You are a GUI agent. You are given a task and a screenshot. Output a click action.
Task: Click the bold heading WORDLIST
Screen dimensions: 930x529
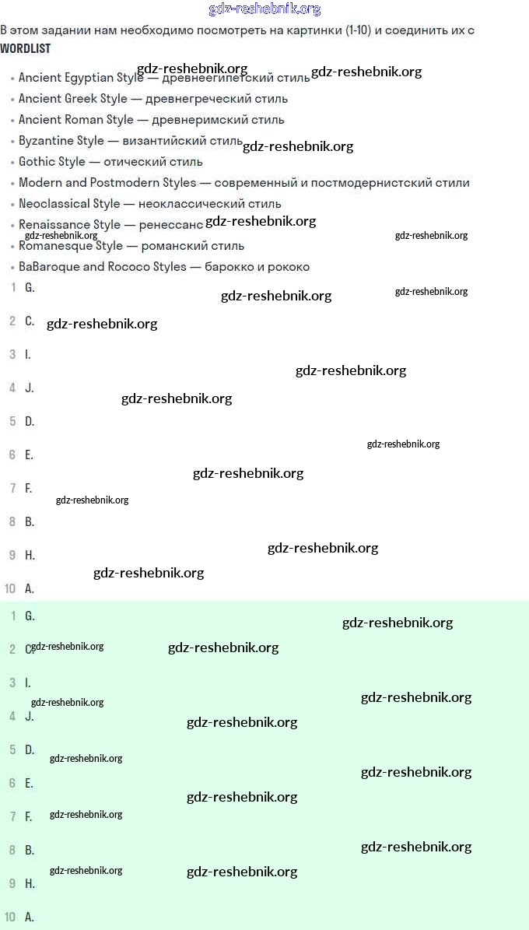[26, 48]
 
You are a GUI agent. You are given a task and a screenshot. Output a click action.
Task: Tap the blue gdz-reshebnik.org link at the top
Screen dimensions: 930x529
[264, 9]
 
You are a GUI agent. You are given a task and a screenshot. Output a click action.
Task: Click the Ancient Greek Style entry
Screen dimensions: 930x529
[73, 99]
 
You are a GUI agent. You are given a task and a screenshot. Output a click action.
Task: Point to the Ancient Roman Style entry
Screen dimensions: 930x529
[76, 120]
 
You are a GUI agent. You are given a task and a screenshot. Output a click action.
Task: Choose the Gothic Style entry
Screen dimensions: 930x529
[52, 162]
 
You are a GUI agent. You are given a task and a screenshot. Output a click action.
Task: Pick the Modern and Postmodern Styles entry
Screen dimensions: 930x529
[107, 183]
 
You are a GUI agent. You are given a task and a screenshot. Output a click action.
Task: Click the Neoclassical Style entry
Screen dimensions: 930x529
[69, 204]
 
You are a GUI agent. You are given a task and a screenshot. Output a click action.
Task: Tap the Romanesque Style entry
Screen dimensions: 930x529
[71, 246]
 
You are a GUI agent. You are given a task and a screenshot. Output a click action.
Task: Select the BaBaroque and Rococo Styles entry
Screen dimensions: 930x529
[103, 267]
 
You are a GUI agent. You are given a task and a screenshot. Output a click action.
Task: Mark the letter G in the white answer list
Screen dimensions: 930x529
[30, 287]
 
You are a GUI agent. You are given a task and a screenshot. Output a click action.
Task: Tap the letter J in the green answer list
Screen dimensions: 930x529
[30, 716]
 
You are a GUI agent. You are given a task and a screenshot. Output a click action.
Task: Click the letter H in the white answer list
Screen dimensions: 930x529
[30, 555]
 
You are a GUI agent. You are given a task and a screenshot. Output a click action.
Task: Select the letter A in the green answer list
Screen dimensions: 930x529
[30, 917]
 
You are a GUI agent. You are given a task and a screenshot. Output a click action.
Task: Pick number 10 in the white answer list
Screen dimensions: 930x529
[10, 588]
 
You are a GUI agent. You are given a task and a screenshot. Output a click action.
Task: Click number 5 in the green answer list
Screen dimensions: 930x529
[12, 749]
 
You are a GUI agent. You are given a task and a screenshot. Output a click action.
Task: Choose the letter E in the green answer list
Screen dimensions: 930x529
[30, 783]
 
